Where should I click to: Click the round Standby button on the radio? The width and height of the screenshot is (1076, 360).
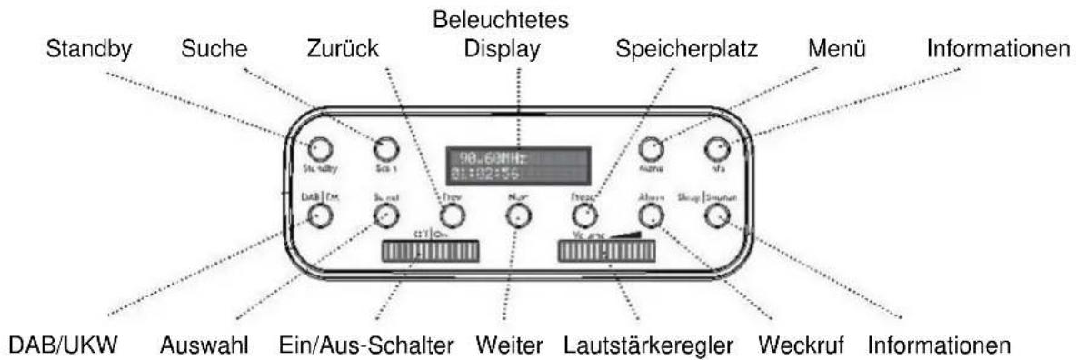(318, 149)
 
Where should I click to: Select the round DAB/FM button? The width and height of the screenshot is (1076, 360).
(318, 215)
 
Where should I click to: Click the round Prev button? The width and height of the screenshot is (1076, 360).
(452, 215)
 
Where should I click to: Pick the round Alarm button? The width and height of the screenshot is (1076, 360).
(650, 215)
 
